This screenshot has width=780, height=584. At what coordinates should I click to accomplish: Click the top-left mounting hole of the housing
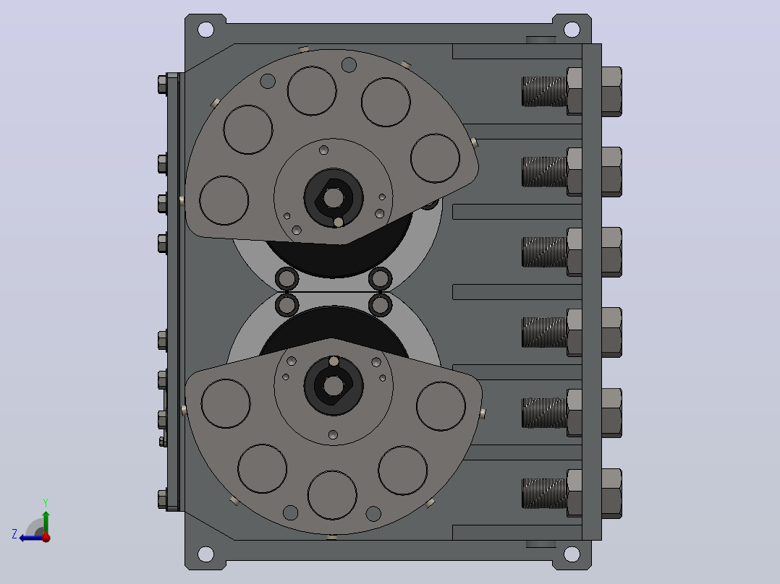[205, 30]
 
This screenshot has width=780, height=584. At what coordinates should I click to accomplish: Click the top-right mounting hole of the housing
[572, 30]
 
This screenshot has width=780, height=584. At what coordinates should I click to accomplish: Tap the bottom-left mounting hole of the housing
[205, 554]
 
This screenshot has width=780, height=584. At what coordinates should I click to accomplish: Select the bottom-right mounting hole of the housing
[572, 554]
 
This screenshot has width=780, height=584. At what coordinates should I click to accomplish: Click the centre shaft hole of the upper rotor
[334, 198]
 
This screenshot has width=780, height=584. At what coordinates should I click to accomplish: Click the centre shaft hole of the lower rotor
[334, 386]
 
